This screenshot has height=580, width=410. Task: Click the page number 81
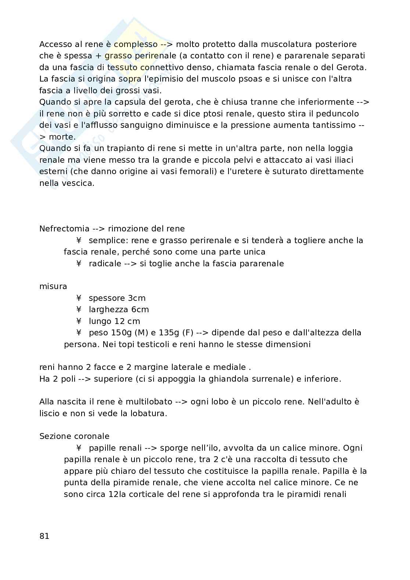44,536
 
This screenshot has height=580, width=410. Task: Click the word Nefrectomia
64,229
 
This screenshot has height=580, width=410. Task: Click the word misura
53,287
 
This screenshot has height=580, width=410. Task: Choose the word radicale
105,264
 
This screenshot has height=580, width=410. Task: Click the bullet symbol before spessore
79,298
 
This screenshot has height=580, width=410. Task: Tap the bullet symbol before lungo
79,321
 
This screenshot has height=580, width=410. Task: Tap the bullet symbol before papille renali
79,448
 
